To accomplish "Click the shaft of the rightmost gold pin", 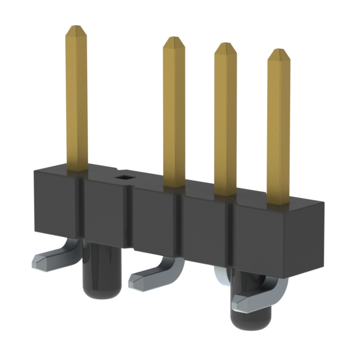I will (278, 129).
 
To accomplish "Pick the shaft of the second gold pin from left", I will (174, 112).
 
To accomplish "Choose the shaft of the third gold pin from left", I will (225, 118).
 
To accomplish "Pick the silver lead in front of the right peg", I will (253, 301).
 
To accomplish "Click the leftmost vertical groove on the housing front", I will (80, 211).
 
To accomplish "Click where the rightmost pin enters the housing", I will (279, 204).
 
